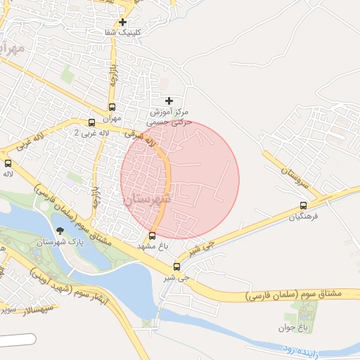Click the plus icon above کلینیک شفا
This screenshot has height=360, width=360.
pyautogui.click(x=123, y=22)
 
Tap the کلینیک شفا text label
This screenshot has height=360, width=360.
pyautogui.click(x=123, y=33)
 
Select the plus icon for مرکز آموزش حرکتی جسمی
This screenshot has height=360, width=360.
pyautogui.click(x=169, y=101)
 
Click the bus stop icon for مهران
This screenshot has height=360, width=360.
pyautogui.click(x=112, y=108)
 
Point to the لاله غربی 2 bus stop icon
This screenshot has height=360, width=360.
pyautogui.click(x=92, y=122)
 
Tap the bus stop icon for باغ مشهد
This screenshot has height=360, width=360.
pyautogui.click(x=153, y=236)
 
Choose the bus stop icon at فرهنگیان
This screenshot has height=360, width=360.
pyautogui.click(x=303, y=206)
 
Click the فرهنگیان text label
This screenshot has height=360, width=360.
pyautogui.click(x=303, y=217)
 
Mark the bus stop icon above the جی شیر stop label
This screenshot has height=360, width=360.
pyautogui.click(x=176, y=266)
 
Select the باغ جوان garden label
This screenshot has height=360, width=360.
pyautogui.click(x=303, y=328)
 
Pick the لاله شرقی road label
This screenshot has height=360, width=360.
pyautogui.click(x=139, y=138)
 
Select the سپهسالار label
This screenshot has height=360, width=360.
pyautogui.click(x=15, y=309)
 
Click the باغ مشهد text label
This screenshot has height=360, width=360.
pyautogui.click(x=155, y=247)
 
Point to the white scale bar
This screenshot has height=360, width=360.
pyautogui.click(x=18, y=340)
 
